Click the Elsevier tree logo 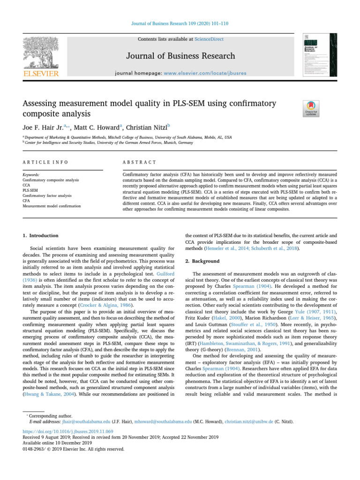(40, 52)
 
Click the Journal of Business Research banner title (180, 56)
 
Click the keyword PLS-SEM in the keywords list (31, 190)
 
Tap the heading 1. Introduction (41, 235)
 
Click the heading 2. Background (202, 261)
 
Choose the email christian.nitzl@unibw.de (252, 422)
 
